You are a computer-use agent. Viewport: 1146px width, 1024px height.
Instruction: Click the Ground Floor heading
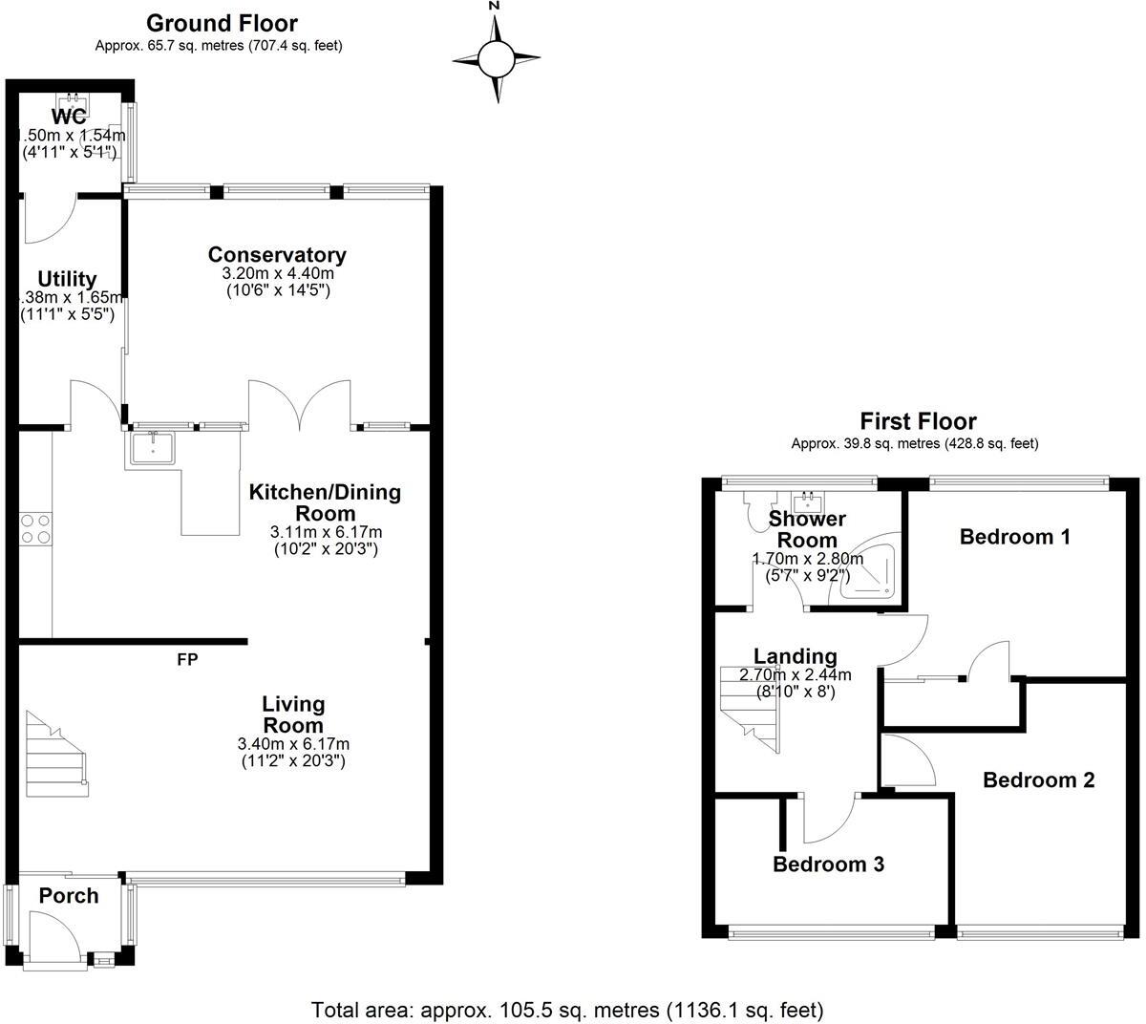point(221,23)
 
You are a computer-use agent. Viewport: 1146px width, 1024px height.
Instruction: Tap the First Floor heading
point(918,421)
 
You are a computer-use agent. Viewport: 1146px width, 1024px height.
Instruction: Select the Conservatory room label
point(277,255)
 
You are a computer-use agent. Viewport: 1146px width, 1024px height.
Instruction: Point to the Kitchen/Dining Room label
point(325,502)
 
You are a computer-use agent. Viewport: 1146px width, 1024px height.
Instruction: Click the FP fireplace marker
point(187,659)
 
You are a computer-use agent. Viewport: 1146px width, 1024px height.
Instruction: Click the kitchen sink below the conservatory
point(151,446)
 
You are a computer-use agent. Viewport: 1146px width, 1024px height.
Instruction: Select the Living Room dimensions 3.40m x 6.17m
point(293,744)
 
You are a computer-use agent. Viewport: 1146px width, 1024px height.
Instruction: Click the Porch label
point(68,896)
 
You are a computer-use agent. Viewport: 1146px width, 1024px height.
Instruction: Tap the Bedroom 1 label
point(1014,537)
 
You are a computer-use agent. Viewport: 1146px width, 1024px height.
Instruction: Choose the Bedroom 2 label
point(1038,780)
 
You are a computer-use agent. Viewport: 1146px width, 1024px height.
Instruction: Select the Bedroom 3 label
point(828,864)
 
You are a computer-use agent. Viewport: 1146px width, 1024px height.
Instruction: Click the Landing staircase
point(752,707)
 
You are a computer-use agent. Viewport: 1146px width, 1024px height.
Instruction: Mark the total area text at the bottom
point(567,1010)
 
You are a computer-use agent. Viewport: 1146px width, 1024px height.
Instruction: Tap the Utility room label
point(67,279)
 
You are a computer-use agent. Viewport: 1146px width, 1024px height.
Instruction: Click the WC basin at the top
point(70,101)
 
